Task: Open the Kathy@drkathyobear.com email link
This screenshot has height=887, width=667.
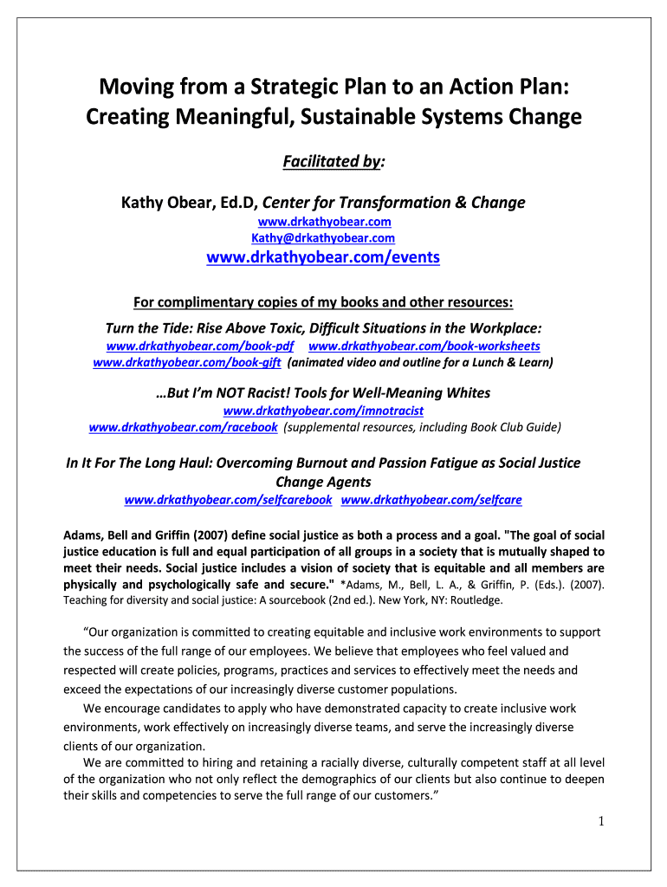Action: (x=323, y=237)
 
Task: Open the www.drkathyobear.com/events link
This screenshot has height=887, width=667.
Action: (x=323, y=257)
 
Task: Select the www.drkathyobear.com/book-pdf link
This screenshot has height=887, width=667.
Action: (x=200, y=346)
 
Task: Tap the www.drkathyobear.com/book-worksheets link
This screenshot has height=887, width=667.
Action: (x=431, y=346)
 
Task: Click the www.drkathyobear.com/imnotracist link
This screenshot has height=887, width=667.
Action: (x=323, y=410)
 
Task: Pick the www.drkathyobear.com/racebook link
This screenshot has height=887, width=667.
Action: (x=183, y=427)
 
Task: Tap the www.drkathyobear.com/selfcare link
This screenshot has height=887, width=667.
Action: (x=431, y=500)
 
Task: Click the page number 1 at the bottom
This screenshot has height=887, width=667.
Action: (x=599, y=822)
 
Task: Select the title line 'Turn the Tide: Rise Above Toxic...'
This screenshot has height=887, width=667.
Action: (x=323, y=328)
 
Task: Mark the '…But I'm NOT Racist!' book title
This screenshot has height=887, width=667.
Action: (x=323, y=392)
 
